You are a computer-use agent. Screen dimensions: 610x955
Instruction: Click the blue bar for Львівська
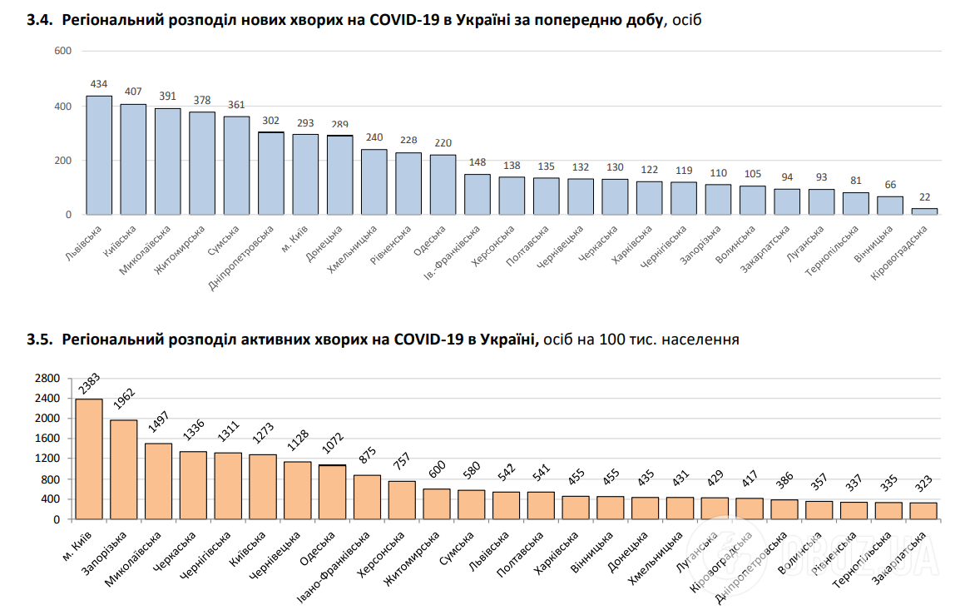pos(100,156)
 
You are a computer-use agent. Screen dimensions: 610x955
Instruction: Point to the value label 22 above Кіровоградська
pos(924,196)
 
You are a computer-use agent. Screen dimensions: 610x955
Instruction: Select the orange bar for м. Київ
pos(89,459)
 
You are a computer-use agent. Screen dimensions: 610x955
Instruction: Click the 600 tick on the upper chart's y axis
pos(63,52)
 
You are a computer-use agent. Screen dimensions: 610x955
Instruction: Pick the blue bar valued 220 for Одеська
pos(443,185)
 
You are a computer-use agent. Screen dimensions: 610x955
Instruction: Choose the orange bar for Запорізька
pos(124,469)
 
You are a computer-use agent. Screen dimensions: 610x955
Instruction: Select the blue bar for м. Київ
pos(305,174)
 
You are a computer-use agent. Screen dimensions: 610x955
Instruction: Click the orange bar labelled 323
pos(923,510)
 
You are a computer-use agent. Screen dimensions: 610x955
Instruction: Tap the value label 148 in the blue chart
pos(477,163)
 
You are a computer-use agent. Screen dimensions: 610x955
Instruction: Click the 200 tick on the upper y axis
pos(63,161)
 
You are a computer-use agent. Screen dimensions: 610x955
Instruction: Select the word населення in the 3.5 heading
pos(700,340)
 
